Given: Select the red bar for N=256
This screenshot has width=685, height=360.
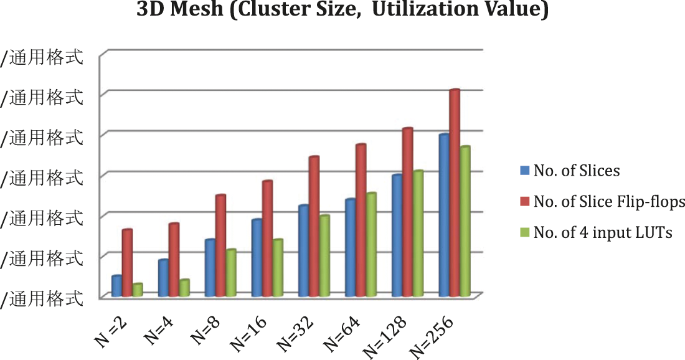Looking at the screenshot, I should pyautogui.click(x=455, y=193).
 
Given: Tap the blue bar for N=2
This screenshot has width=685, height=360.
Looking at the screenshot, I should pyautogui.click(x=116, y=286).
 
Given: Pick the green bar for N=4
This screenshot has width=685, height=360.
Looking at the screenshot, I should pyautogui.click(x=184, y=288).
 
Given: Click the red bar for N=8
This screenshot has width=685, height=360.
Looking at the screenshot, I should pyautogui.click(x=220, y=246).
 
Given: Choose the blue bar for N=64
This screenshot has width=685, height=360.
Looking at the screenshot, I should pyautogui.click(x=350, y=248).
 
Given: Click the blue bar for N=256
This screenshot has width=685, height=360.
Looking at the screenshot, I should pyautogui.click(x=443, y=216).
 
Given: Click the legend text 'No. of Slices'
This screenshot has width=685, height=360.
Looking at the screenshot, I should pyautogui.click(x=577, y=171).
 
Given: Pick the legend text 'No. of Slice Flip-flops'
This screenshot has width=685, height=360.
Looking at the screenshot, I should pyautogui.click(x=609, y=201).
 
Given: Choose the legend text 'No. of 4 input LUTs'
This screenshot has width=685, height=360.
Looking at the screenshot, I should pyautogui.click(x=603, y=232).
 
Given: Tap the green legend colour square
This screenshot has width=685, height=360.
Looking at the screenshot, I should pyautogui.click(x=524, y=232).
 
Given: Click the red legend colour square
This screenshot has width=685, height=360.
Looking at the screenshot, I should pyautogui.click(x=524, y=201).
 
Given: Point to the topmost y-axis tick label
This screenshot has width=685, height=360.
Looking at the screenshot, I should pyautogui.click(x=42, y=58).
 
